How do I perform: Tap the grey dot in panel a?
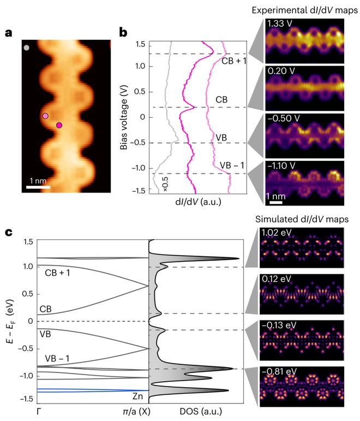click(x=27, y=48)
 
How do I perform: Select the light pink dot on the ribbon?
click(x=46, y=116)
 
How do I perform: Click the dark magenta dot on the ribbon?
click(x=59, y=125)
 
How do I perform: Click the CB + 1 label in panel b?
click(x=235, y=61)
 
